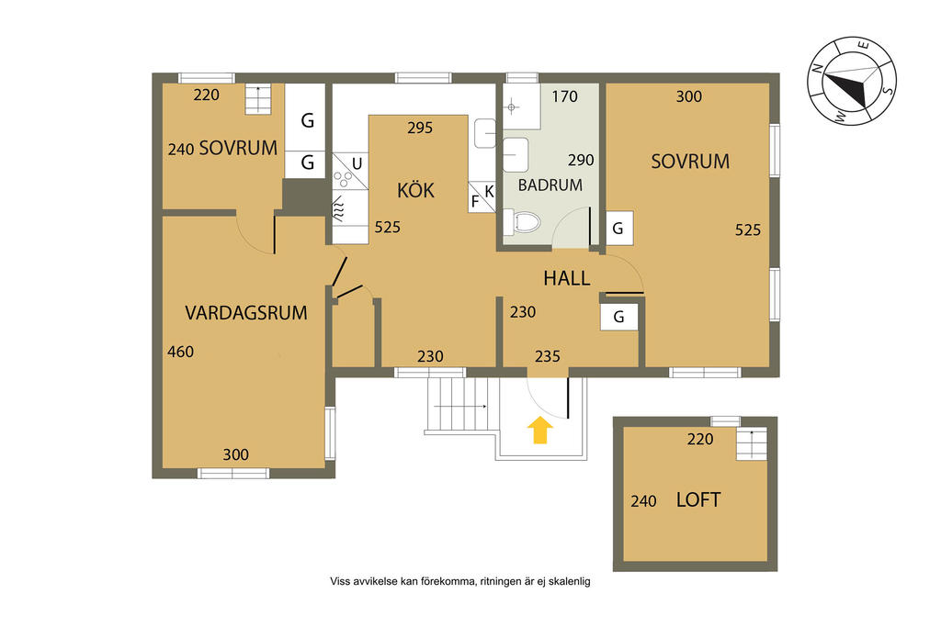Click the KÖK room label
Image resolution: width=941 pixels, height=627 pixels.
pyautogui.click(x=415, y=190)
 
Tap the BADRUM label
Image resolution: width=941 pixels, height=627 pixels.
pyautogui.click(x=550, y=185)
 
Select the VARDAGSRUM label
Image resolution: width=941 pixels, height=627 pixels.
pyautogui.click(x=246, y=313)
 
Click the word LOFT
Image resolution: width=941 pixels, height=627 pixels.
pyautogui.click(x=698, y=500)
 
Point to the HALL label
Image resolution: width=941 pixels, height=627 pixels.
pyautogui.click(x=566, y=278)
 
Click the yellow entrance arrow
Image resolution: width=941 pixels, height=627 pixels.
pyautogui.click(x=540, y=431)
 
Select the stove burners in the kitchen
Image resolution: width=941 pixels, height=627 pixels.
pyautogui.click(x=344, y=179)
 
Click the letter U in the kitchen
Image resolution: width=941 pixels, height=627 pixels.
pyautogui.click(x=357, y=163)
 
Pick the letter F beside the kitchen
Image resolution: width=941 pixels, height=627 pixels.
pyautogui.click(x=475, y=201)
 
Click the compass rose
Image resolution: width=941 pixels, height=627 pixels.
pyautogui.click(x=852, y=81)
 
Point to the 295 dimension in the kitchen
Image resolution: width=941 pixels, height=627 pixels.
pyautogui.click(x=419, y=128)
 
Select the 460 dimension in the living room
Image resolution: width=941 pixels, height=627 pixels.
pyautogui.click(x=180, y=352)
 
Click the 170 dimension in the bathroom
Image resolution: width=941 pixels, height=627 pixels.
pyautogui.click(x=565, y=96)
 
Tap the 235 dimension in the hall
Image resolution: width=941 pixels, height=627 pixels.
pyautogui.click(x=548, y=357)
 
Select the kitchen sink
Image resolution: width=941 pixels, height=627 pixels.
pyautogui.click(x=485, y=133)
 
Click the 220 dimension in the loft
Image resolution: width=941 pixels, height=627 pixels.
pyautogui.click(x=699, y=440)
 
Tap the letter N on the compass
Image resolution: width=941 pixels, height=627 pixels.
pyautogui.click(x=817, y=68)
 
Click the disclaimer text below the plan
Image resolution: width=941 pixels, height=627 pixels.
pyautogui.click(x=459, y=581)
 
